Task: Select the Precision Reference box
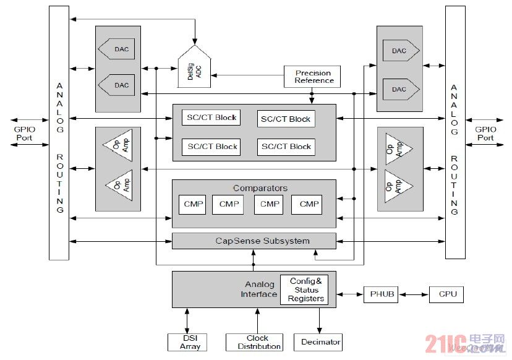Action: click(314, 77)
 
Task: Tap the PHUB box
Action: click(380, 294)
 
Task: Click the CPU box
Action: click(446, 294)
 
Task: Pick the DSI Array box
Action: click(186, 342)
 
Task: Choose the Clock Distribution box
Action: click(254, 342)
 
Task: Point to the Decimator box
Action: click(320, 342)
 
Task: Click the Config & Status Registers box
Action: click(305, 289)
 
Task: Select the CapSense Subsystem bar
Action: click(254, 241)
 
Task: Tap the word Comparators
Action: click(260, 188)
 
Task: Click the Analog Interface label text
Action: click(258, 289)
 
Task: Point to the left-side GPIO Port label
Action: click(24, 134)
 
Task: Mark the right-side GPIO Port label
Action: click(485, 134)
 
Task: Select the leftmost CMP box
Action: click(192, 204)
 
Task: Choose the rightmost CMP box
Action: click(309, 204)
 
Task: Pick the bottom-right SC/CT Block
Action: click(286, 147)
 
